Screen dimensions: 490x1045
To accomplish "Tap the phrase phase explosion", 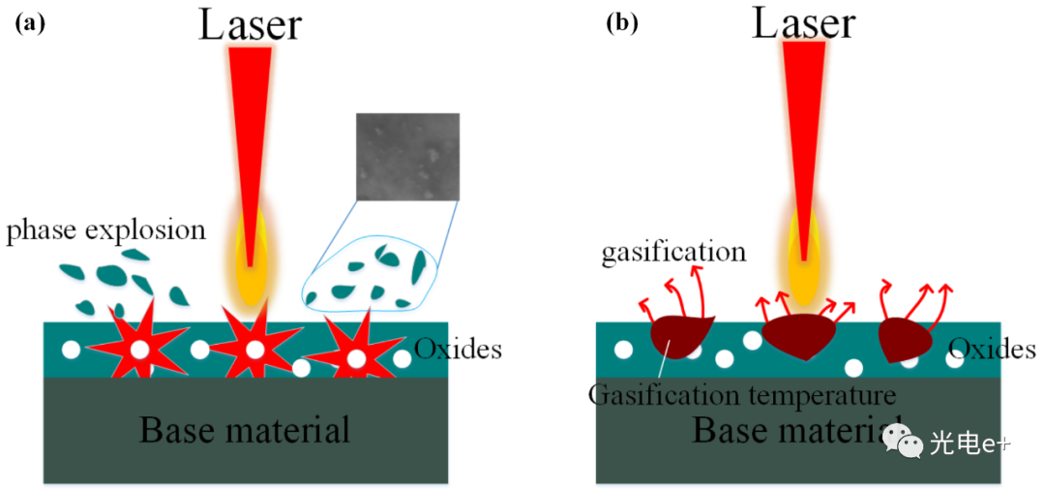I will click(106, 230).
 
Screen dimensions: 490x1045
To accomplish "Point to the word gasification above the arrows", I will click(673, 254).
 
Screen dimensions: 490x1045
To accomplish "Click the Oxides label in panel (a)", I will click(458, 349).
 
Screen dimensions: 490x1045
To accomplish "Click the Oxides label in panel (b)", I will click(992, 349).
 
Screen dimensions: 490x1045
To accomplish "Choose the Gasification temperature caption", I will click(741, 396).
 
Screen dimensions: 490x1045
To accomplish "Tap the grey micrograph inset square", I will click(407, 156).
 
